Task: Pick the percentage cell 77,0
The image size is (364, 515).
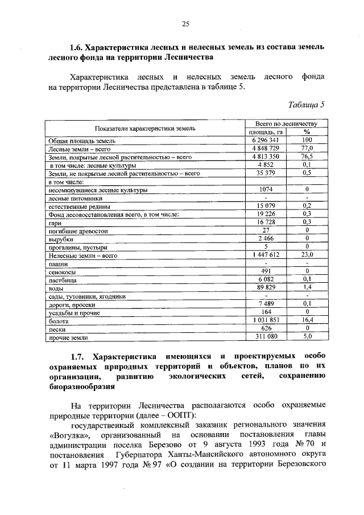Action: (307, 148)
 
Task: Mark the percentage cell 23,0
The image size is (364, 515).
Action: (307, 256)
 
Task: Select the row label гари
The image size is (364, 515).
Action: (55, 223)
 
